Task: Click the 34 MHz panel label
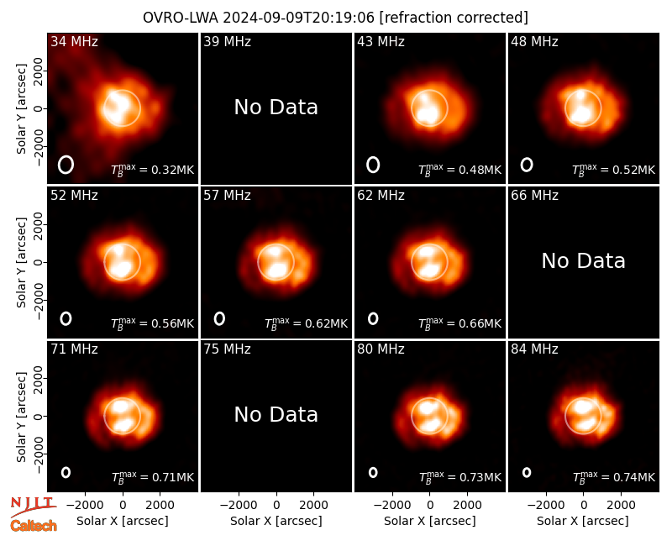tap(74, 41)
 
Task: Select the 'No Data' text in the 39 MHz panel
tap(276, 108)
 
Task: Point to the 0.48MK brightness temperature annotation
tap(459, 170)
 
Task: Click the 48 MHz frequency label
tap(534, 41)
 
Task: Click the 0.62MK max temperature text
tap(306, 323)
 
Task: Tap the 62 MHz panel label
tap(381, 196)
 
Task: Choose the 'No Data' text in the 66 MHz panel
tap(583, 261)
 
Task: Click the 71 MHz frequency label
tap(74, 349)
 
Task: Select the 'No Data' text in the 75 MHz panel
tap(276, 415)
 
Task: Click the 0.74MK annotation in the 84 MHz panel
tap(614, 477)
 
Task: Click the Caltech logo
tap(34, 526)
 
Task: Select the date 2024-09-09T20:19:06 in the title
tap(299, 18)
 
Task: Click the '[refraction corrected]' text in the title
tap(454, 18)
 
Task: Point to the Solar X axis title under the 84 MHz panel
tap(583, 521)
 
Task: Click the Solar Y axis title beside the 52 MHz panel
tap(22, 262)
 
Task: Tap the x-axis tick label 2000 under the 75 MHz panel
tap(313, 506)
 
